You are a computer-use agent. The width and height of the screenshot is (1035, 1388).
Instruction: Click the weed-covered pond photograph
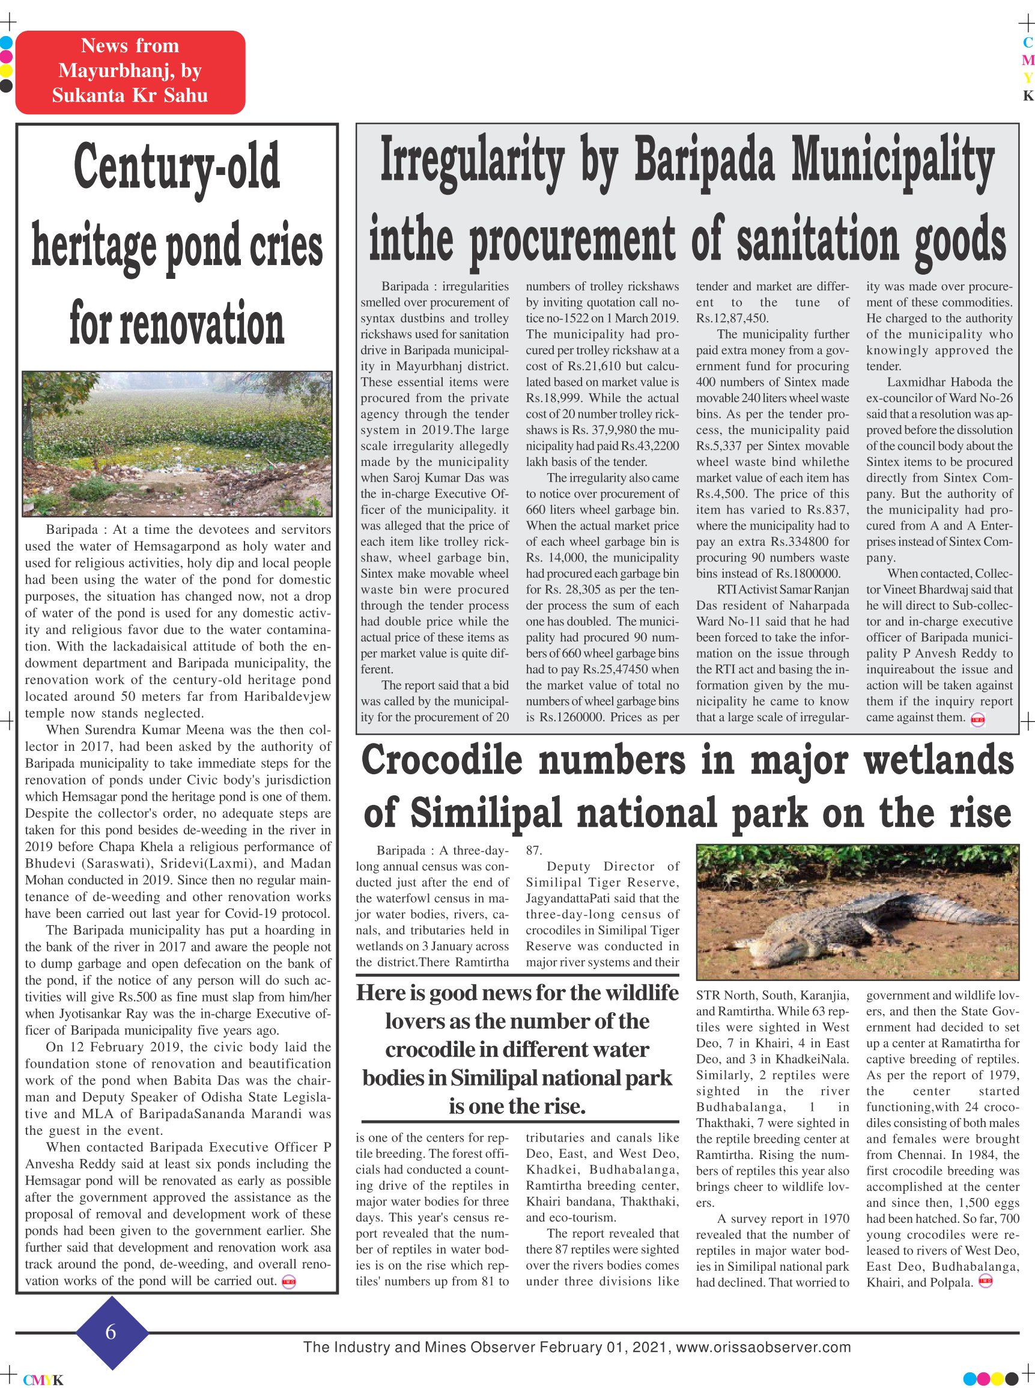[177, 443]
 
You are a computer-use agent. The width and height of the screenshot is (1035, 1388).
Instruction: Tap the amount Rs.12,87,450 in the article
[732, 319]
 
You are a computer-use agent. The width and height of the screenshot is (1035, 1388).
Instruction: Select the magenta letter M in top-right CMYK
[1027, 61]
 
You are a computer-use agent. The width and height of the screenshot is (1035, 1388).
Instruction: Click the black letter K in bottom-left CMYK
[58, 1380]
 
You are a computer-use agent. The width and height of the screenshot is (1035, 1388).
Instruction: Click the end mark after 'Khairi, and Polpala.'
[986, 1282]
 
